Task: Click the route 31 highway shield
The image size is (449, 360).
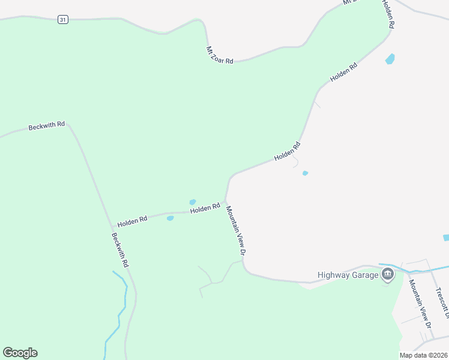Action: tap(63, 20)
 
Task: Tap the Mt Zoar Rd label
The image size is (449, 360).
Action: tap(219, 55)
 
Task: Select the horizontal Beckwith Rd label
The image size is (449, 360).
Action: tap(47, 126)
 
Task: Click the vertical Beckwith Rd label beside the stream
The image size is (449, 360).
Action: tap(120, 250)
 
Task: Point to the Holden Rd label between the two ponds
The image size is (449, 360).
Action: tap(205, 209)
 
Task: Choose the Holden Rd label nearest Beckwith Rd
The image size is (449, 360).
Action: tap(132, 221)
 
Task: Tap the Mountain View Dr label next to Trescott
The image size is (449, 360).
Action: tap(420, 303)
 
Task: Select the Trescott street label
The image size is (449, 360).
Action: tap(442, 303)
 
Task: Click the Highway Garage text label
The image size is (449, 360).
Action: tap(348, 275)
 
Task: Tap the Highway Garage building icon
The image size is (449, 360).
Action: tap(387, 275)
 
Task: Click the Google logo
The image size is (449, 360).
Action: tap(20, 353)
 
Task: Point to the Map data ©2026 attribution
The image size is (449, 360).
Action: tap(424, 355)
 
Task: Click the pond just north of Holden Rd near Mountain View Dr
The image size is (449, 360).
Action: tap(193, 202)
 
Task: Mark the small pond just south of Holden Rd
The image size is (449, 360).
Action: tap(170, 218)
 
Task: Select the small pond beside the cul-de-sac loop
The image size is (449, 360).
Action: tap(306, 173)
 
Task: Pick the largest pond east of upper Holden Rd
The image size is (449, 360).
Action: tap(390, 59)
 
